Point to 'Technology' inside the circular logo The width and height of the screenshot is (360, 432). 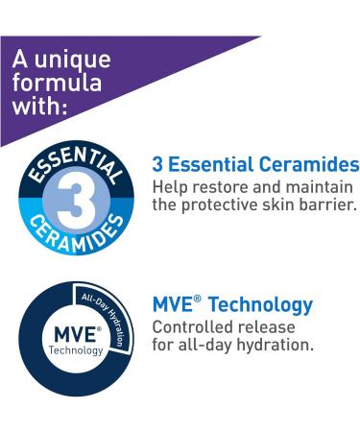pos(62,350)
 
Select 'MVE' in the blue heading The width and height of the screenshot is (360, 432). pos(176,306)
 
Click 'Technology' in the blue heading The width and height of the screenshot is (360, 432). pos(260,306)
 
